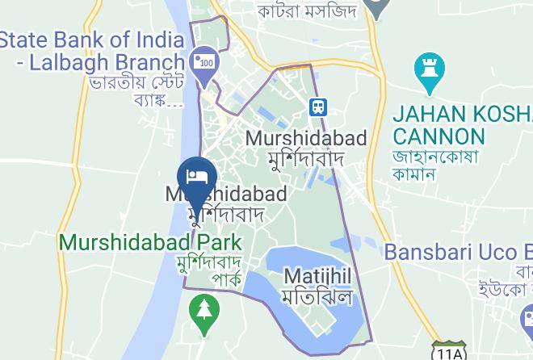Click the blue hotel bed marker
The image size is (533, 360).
tap(197, 177)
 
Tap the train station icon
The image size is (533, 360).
tap(319, 106)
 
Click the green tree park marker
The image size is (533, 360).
tap(203, 309)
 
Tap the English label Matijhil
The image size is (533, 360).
tap(318, 277)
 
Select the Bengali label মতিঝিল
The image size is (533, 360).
tap(318, 296)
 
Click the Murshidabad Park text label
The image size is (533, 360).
tap(150, 241)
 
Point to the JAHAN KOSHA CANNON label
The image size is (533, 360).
tap(461, 123)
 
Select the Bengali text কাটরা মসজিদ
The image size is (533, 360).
tap(308, 10)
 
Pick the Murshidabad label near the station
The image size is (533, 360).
tap(306, 138)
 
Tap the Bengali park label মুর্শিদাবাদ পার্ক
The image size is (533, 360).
tap(209, 270)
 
